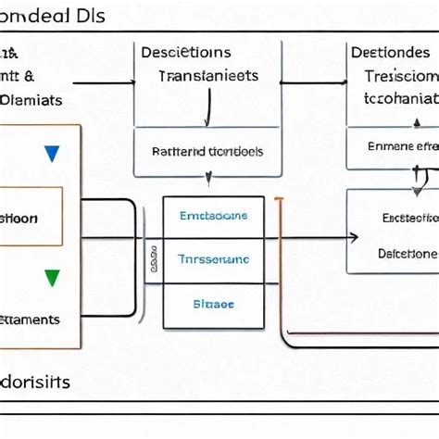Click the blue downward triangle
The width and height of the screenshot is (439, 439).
[52, 154]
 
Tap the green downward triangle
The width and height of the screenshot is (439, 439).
[52, 277]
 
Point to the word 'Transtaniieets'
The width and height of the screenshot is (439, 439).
[208, 78]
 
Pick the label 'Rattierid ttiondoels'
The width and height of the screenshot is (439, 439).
[207, 150]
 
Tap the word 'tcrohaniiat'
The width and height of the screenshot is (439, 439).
[400, 97]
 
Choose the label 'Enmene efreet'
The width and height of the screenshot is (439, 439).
[402, 144]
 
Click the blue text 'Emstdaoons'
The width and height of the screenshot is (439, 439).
[213, 216]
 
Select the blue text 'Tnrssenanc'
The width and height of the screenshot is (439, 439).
[213, 260]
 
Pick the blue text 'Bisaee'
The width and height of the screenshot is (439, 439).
[213, 303]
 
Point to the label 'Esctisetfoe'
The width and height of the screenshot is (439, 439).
[408, 219]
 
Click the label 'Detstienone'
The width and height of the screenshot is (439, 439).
[408, 252]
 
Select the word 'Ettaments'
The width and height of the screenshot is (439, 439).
[30, 320]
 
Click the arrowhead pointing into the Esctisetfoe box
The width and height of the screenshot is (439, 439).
[353, 238]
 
